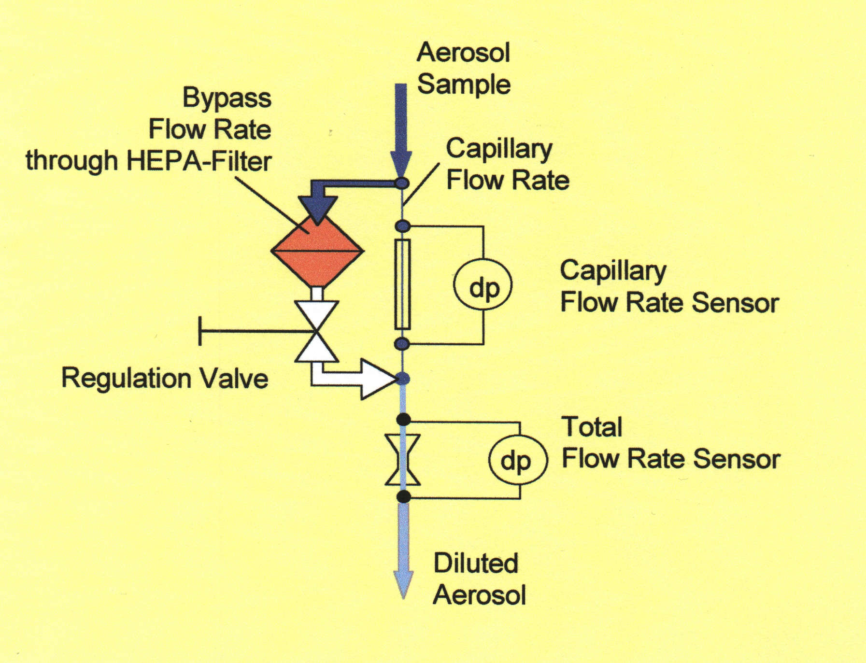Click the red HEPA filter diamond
(317, 251)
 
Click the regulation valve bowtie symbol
(316, 331)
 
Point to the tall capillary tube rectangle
(402, 284)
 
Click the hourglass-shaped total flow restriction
(402, 459)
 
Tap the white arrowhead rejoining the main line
(379, 380)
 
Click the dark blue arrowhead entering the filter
(317, 208)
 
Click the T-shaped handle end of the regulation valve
(200, 331)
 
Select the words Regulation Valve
(165, 378)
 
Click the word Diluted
(476, 563)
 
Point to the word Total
(592, 427)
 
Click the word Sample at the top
(464, 85)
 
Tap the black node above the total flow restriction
(403, 419)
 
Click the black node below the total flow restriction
(403, 496)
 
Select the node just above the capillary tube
(402, 226)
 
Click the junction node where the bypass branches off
(402, 183)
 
